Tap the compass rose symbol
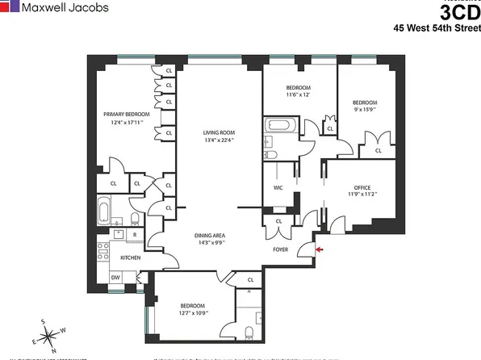pos(52,335)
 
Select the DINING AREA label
pos(214,236)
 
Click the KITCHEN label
pos(131,257)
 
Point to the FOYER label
pos(279,249)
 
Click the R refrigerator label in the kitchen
pos(133,234)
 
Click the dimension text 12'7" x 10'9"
pos(192,314)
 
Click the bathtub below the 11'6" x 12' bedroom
pos(281,127)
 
